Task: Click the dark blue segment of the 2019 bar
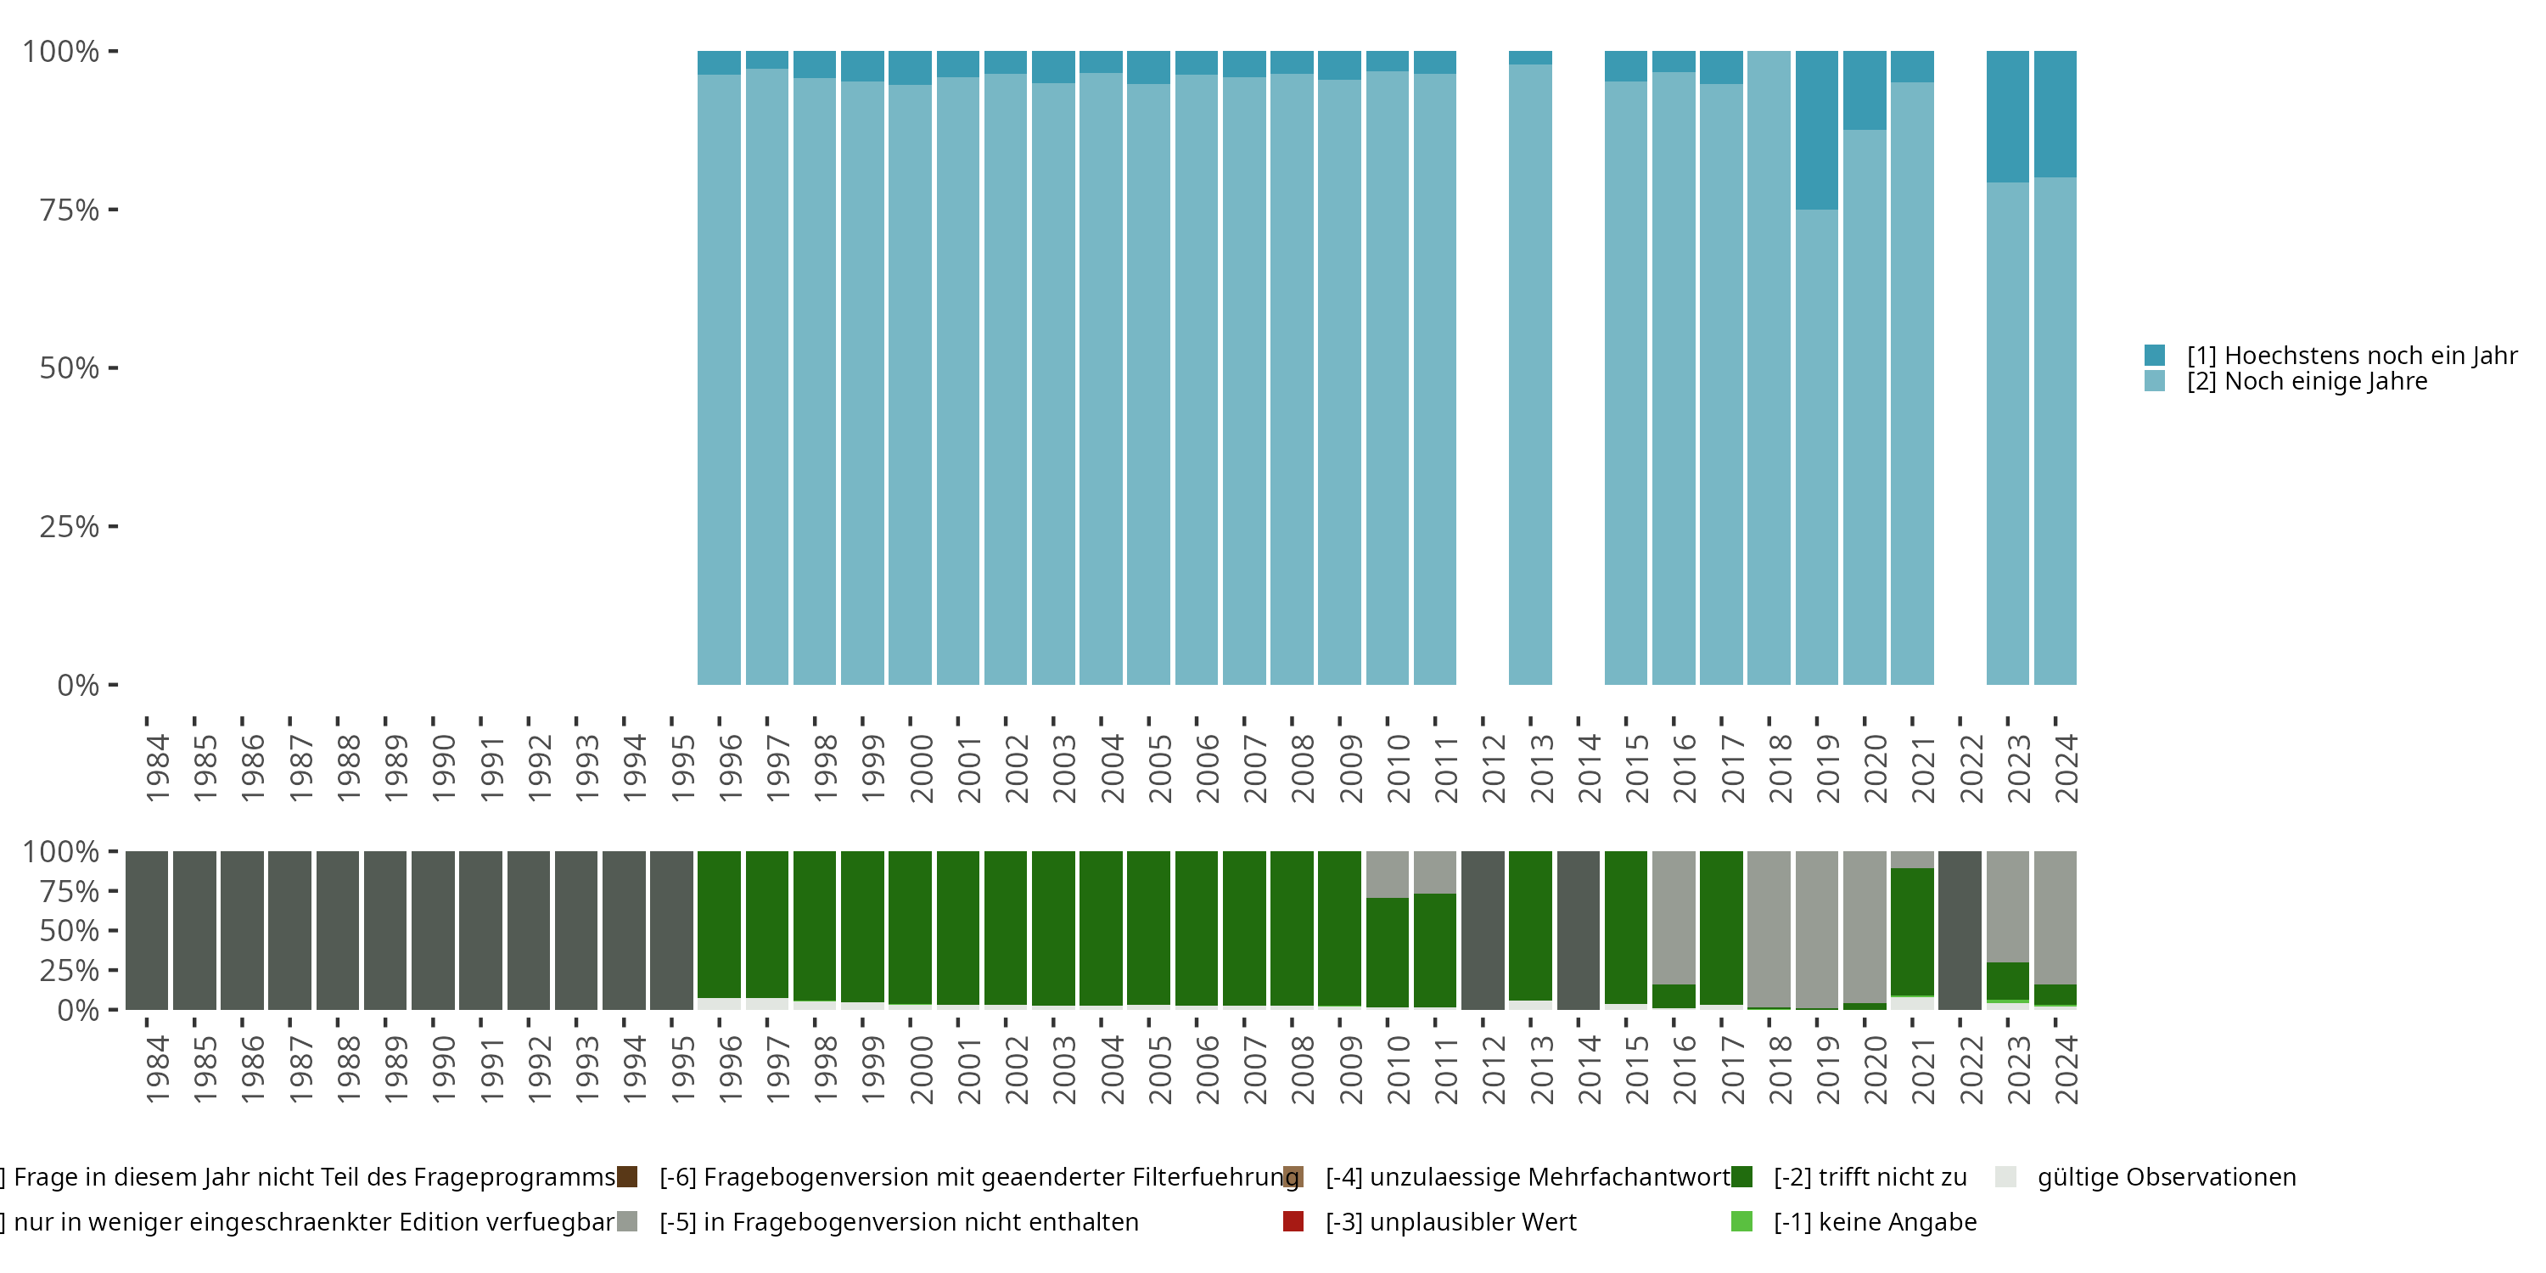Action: click(x=1817, y=130)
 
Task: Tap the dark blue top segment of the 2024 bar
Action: click(x=2055, y=114)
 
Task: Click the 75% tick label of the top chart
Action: click(x=70, y=210)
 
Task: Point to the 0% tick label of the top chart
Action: click(x=78, y=685)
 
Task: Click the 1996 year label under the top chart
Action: click(x=731, y=768)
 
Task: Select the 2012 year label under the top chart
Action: click(x=1494, y=768)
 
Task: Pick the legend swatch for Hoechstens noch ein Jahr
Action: click(x=2155, y=355)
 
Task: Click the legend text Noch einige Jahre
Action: click(x=2307, y=382)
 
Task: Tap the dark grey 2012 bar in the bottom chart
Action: click(x=1483, y=930)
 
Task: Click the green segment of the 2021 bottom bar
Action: click(x=1911, y=931)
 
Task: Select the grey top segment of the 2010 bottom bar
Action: click(x=1387, y=874)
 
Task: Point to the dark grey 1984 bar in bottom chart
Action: click(x=146, y=930)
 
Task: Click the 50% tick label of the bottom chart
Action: click(x=70, y=930)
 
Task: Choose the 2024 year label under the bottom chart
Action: click(x=2066, y=1069)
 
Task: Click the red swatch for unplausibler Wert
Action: click(x=1293, y=1221)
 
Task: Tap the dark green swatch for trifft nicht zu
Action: click(x=1741, y=1177)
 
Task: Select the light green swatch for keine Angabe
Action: click(x=1741, y=1221)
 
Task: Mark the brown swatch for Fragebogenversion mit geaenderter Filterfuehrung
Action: click(x=626, y=1177)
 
